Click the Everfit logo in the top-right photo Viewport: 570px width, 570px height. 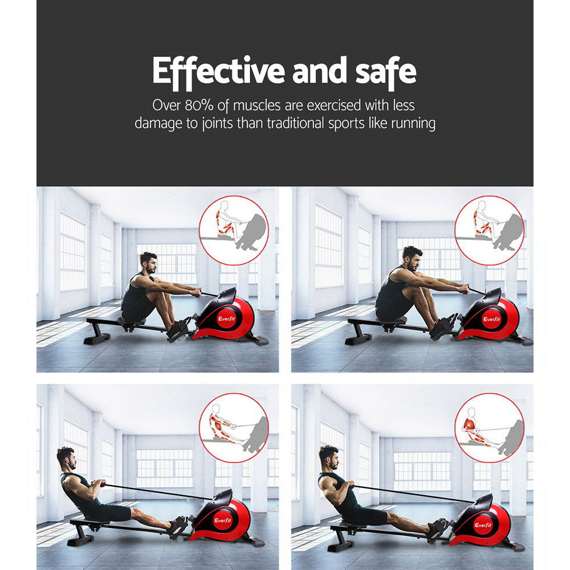(x=491, y=319)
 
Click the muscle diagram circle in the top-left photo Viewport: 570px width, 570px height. (x=234, y=230)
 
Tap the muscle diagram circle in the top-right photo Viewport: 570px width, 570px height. (x=489, y=230)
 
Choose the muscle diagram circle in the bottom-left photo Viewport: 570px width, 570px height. (x=234, y=427)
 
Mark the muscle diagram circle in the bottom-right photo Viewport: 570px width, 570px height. (x=489, y=427)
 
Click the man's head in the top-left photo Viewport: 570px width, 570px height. (x=148, y=263)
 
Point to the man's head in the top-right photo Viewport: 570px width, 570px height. (x=412, y=257)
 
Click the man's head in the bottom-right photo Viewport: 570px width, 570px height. (x=328, y=455)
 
